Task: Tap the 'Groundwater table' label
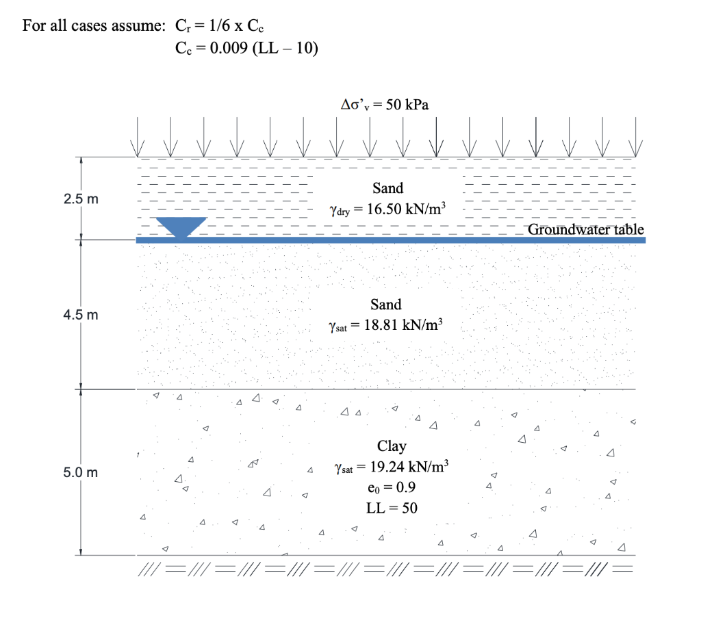(586, 229)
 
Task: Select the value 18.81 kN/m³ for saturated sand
(404, 325)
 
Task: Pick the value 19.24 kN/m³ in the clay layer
(408, 467)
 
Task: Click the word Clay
(392, 446)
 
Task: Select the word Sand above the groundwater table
(387, 188)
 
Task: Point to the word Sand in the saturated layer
(385, 304)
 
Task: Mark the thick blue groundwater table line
(411, 240)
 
